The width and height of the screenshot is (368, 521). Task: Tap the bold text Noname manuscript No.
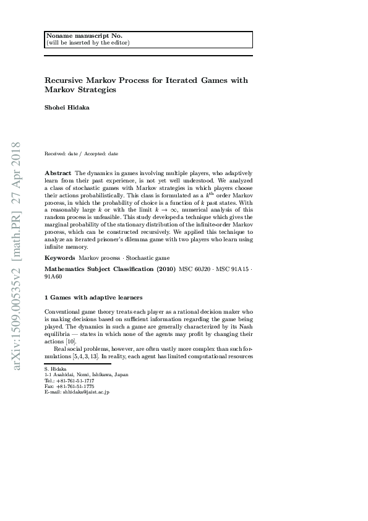(76, 36)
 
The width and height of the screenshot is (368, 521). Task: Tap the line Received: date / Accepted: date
(81, 153)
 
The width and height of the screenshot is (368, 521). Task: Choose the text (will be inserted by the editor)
(88, 43)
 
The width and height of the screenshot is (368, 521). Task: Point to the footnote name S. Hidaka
(56, 369)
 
